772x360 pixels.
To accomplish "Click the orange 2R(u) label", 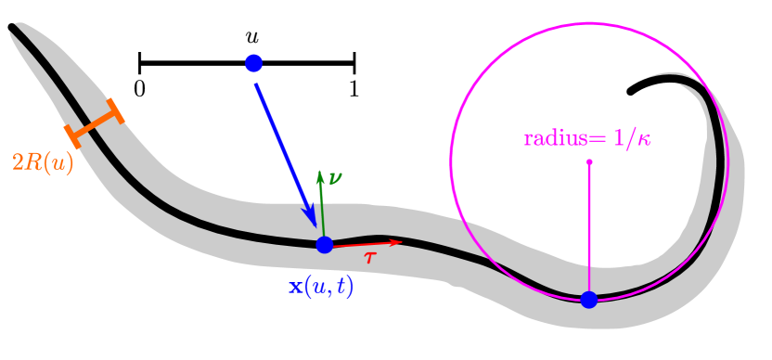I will point(43,162).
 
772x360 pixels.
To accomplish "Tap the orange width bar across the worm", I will point(94,123).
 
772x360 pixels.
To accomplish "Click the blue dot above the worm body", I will point(254,63).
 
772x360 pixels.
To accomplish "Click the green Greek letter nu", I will point(335,177).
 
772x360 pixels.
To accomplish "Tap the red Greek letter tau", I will point(369,258).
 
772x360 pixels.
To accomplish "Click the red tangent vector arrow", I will point(367,244).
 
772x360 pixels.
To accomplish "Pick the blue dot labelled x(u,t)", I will point(324,245).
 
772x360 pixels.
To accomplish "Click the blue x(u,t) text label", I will point(321,286).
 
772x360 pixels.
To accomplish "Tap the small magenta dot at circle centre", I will point(589,162).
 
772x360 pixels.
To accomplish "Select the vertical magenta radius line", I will point(589,232).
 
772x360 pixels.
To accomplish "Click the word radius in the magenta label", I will point(555,139).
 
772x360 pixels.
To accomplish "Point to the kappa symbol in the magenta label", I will point(643,139).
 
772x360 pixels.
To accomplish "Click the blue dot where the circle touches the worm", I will point(589,299).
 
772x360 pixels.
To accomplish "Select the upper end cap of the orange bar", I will point(116,110).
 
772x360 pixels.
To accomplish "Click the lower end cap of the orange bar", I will point(72,135).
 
